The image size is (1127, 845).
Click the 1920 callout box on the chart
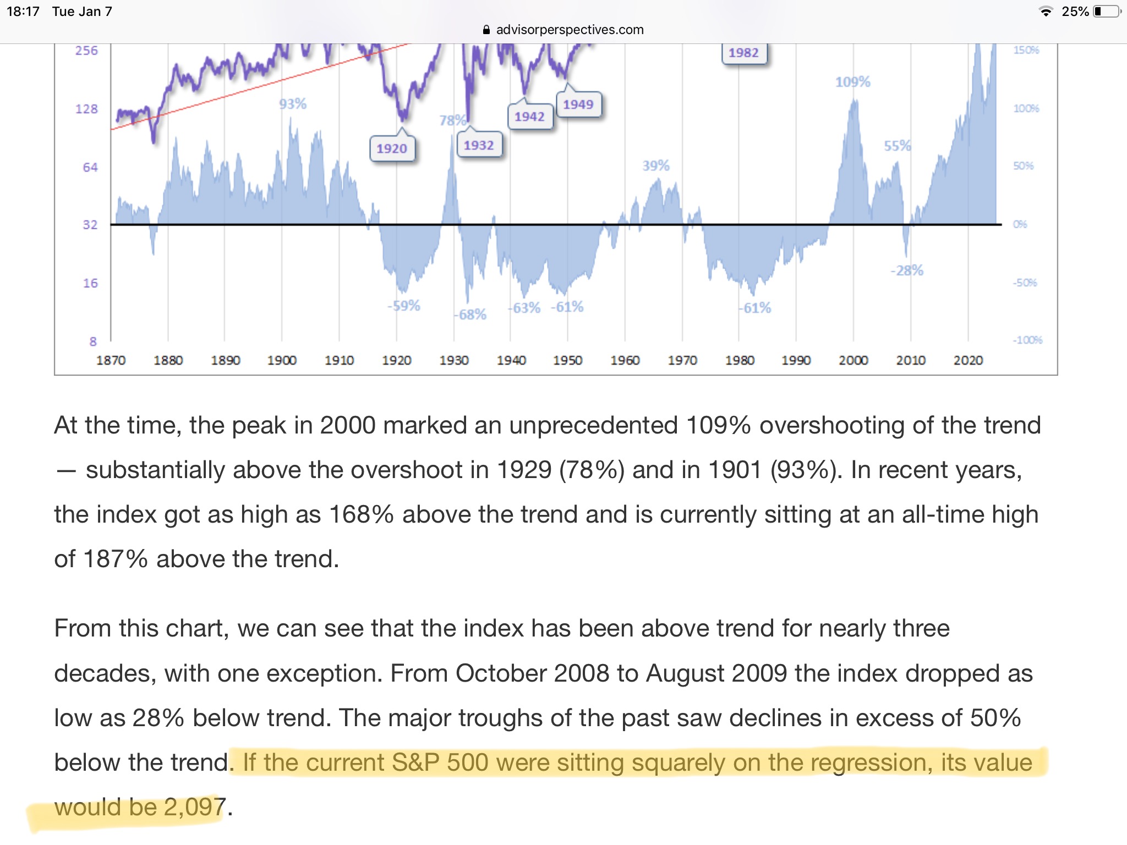pyautogui.click(x=392, y=149)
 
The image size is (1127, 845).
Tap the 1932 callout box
pyautogui.click(x=479, y=145)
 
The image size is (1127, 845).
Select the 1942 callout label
pyautogui.click(x=529, y=117)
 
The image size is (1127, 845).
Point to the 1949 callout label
pyautogui.click(x=578, y=105)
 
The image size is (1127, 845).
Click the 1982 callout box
pyautogui.click(x=743, y=53)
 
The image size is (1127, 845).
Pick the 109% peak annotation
pyautogui.click(x=852, y=82)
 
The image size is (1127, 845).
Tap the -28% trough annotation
pyautogui.click(x=907, y=270)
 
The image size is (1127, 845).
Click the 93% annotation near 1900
pyautogui.click(x=293, y=103)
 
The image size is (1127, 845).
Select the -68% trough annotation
pyautogui.click(x=470, y=315)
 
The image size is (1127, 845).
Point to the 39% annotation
pyautogui.click(x=656, y=166)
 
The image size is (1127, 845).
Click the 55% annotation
pyautogui.click(x=897, y=146)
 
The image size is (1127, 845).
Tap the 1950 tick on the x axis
pyautogui.click(x=567, y=360)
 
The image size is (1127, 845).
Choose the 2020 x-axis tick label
pyautogui.click(x=968, y=360)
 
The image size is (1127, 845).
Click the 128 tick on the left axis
pyautogui.click(x=86, y=109)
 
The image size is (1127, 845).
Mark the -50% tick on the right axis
pyautogui.click(x=1025, y=283)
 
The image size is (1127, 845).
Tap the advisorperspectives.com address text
pyautogui.click(x=570, y=30)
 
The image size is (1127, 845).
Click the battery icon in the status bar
pyautogui.click(x=1107, y=12)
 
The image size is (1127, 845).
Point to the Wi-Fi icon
pyautogui.click(x=1046, y=12)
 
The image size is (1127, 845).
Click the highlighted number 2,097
pyautogui.click(x=194, y=807)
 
